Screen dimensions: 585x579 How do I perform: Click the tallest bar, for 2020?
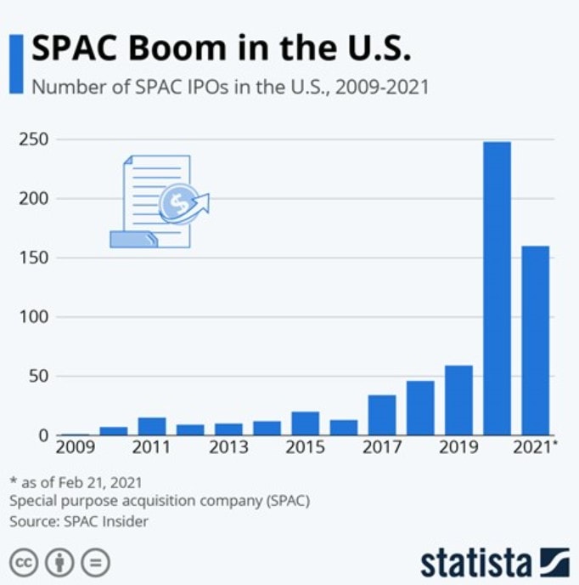point(497,288)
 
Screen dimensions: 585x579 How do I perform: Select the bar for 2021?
point(535,340)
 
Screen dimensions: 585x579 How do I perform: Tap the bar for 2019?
point(458,400)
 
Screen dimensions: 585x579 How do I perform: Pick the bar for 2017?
point(382,415)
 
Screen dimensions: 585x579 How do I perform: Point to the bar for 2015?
point(306,423)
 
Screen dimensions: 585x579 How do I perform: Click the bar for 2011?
point(152,426)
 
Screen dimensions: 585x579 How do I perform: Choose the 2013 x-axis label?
point(228,447)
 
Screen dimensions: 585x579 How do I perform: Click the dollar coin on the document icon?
point(177,202)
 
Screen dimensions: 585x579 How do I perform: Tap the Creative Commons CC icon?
point(24,562)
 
